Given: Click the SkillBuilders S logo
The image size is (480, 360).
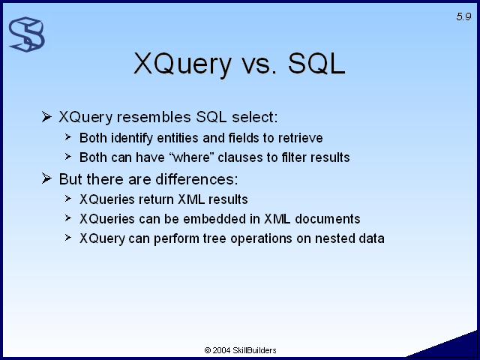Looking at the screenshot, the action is click(x=27, y=34).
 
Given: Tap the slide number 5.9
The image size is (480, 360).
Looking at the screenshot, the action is click(x=463, y=16).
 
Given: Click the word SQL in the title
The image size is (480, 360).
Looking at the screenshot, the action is click(x=316, y=63).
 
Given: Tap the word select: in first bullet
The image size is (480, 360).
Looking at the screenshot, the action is click(x=255, y=117).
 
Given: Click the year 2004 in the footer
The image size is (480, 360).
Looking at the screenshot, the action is click(x=221, y=350).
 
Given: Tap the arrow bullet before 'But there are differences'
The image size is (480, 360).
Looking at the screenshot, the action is click(x=46, y=178).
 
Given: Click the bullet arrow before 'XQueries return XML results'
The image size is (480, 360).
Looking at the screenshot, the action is click(x=68, y=199).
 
